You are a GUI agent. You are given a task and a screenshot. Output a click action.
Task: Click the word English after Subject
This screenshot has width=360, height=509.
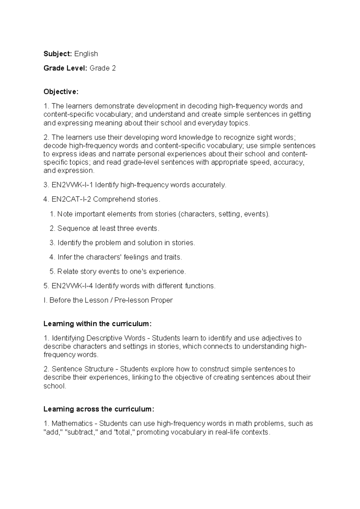(86, 54)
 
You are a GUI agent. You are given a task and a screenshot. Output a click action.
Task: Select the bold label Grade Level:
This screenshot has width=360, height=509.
(65, 68)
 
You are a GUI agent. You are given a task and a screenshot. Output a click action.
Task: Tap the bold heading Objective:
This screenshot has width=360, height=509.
(61, 92)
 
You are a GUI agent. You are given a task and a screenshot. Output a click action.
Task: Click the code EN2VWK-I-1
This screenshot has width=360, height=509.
(72, 185)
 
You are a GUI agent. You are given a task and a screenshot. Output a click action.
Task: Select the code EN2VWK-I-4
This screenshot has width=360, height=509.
(72, 286)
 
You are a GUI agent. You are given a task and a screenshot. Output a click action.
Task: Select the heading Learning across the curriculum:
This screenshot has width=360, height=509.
(99, 409)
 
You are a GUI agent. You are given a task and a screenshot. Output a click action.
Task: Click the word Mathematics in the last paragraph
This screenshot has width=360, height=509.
(72, 424)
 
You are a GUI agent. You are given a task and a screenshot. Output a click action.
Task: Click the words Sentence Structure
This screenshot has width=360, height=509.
(82, 369)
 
